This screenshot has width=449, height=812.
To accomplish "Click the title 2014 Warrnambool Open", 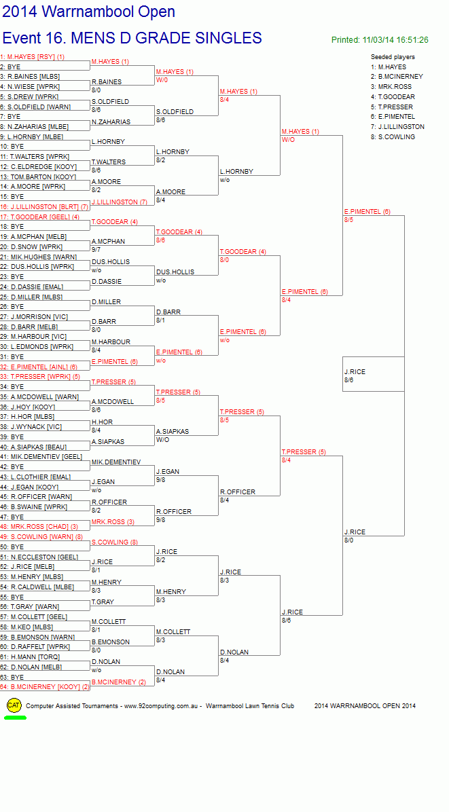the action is click(88, 12).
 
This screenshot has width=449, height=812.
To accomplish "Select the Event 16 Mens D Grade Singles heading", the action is click(132, 38).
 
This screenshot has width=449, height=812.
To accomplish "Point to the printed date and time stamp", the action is click(380, 40).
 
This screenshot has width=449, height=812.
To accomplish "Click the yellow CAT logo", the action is click(14, 705).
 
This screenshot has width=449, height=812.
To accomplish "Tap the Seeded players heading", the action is click(393, 57).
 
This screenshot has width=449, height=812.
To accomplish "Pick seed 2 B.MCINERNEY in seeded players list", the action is click(397, 77).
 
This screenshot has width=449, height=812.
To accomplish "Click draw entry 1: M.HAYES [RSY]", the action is click(33, 57).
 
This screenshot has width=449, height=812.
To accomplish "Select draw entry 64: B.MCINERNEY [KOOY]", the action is click(45, 686).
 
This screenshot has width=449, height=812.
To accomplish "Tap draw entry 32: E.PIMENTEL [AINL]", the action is click(39, 367).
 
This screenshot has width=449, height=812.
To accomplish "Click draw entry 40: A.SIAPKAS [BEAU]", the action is click(33, 447).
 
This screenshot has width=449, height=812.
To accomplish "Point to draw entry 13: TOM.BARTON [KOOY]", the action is click(38, 177).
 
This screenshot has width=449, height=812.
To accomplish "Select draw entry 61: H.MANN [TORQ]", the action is click(30, 657).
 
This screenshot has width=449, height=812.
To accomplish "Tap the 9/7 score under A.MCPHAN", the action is click(96, 250).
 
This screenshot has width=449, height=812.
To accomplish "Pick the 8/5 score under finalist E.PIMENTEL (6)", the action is click(348, 219).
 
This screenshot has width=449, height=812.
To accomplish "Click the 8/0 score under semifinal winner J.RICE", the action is click(348, 540).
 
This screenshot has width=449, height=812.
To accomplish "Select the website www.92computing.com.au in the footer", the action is click(162, 706).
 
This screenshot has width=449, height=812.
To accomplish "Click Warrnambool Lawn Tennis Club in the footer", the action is click(249, 706).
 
